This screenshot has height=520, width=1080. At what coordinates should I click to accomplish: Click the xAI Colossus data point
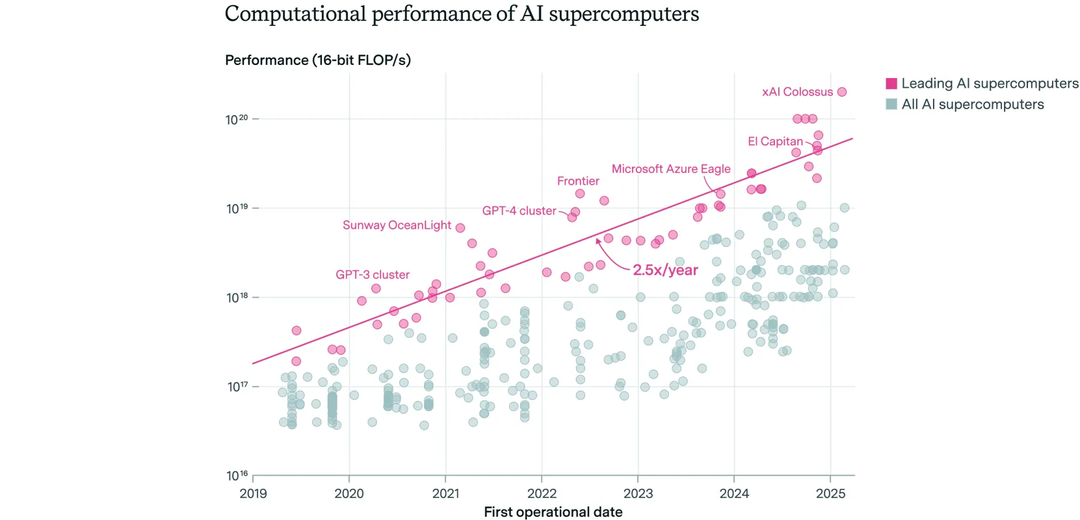point(841,92)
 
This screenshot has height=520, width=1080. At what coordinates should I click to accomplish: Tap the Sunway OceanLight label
point(397,225)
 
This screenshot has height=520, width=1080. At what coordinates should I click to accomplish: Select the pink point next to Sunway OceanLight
point(460,227)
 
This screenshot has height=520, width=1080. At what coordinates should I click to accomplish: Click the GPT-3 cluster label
point(373,274)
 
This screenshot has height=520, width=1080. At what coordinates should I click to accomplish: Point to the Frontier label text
point(578,181)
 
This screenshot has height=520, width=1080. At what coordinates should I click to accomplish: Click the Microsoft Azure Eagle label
point(670,168)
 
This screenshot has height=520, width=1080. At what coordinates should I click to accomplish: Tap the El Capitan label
point(775,141)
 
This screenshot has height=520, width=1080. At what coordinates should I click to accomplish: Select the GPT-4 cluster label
point(519,211)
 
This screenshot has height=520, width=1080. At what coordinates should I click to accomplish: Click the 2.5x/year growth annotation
point(665,270)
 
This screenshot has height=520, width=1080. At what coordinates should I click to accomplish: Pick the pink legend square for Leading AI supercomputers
point(891,83)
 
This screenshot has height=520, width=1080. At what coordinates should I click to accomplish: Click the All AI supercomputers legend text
point(972,104)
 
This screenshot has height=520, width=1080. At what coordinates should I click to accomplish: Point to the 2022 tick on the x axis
point(542,478)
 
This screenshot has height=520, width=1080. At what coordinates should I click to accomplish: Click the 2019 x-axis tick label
point(253,493)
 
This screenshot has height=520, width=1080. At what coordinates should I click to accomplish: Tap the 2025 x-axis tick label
point(830,493)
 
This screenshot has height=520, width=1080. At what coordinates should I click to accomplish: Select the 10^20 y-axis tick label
point(237,120)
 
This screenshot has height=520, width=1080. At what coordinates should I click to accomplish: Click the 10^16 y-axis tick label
point(237,476)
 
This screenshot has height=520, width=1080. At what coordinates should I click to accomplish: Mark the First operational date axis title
point(553,512)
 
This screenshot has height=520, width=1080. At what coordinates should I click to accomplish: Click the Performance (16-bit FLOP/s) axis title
point(317,60)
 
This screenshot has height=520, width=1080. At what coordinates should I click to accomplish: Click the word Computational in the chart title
point(295,14)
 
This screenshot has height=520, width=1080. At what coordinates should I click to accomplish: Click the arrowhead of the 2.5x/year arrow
point(598,240)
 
